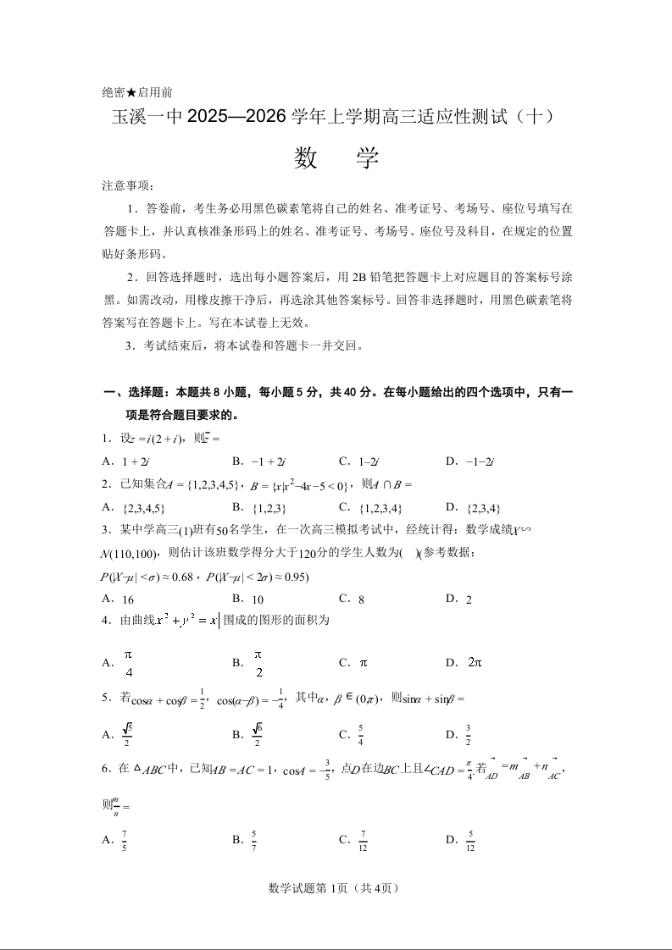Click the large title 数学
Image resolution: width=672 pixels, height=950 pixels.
pos(336,158)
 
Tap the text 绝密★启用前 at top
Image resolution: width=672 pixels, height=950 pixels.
pos(137,92)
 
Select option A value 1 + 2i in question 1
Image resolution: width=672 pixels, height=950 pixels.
pos(136,461)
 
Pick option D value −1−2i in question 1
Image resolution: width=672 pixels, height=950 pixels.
pos(480,461)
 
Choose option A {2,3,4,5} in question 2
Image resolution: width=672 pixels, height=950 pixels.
pos(144,508)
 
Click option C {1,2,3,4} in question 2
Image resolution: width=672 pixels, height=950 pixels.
pos(380,508)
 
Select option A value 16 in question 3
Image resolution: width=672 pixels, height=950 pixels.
pos(129,599)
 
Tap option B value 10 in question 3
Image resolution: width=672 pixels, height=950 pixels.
pos(259,599)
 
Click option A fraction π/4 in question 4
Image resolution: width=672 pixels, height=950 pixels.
pos(129,663)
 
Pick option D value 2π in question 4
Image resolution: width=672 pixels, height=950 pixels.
pos(475,662)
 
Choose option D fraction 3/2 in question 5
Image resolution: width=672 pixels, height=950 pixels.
pos(468,734)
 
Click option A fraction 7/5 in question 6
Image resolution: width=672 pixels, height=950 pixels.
pos(125,840)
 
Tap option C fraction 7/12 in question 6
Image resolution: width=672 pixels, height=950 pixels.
pos(364,840)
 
